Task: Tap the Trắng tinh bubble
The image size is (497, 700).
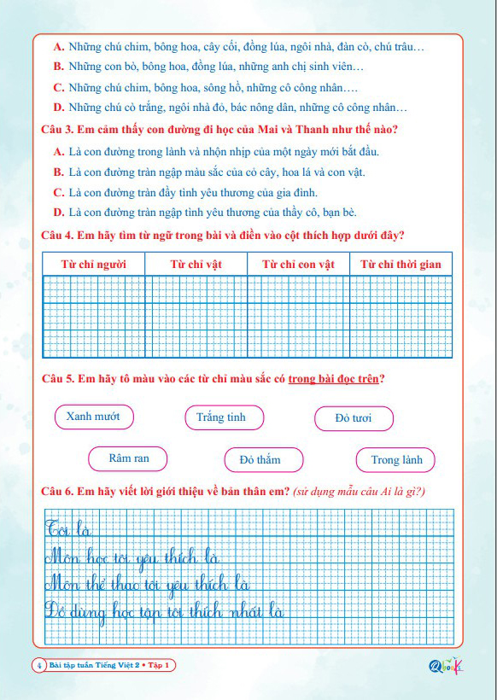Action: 221,417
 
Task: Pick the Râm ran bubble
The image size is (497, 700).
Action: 129,459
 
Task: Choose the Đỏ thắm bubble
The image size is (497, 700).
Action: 260,460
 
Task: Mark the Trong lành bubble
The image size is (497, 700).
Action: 396,460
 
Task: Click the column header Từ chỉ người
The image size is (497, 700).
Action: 94,265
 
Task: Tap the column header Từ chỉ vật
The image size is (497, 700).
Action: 196,265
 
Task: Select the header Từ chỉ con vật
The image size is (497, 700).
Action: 299,265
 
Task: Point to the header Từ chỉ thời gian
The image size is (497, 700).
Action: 401,265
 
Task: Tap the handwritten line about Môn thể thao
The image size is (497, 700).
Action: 145,585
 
